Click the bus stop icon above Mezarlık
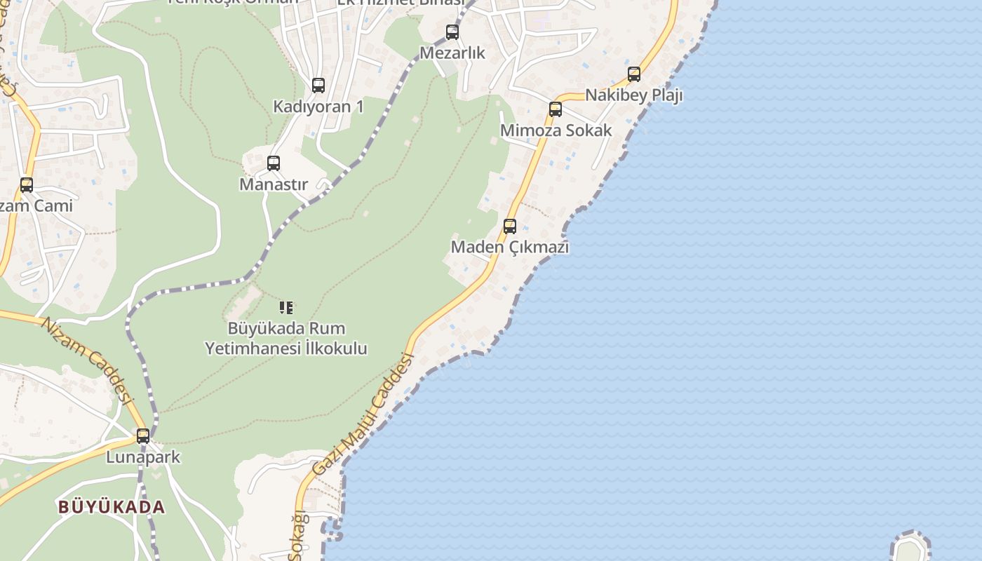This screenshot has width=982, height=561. pos(452,32)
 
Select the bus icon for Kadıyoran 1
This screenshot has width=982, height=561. pos(318,86)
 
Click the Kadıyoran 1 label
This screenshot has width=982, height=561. pos(318,107)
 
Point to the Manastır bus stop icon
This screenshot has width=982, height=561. pos(274,163)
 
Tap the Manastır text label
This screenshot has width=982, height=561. pos(274,184)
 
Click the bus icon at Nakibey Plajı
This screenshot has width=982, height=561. pos(634,74)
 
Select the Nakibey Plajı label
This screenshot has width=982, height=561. pos(634,95)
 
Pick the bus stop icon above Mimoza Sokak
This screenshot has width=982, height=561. pos(556,109)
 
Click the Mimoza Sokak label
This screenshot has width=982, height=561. pos(556,130)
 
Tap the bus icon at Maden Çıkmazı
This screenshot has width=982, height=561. pos(510,227)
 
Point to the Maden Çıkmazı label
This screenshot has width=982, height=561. pos(510,247)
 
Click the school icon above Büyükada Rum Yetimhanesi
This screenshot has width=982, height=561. pos(286,307)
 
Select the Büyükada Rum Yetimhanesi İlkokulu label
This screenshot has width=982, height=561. pos(286,338)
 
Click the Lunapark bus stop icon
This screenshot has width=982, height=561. pos(143,436)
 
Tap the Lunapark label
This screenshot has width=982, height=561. pos(143,457)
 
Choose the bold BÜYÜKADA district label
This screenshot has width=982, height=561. pos(112,507)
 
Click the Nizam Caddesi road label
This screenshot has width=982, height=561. pos(87,360)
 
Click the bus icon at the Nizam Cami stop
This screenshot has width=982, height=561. pos(27,185)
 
